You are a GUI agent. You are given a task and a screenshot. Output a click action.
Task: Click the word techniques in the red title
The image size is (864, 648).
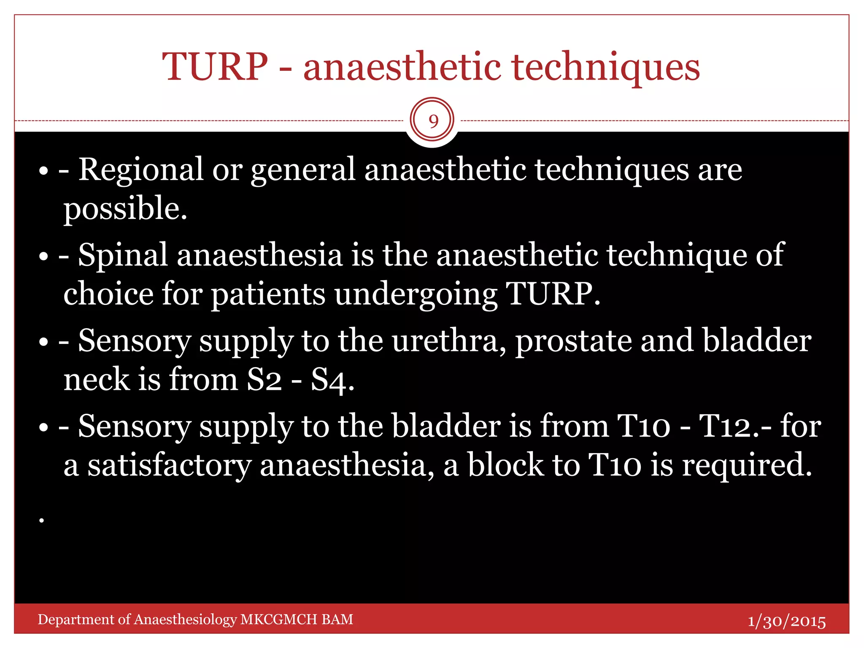coord(606,67)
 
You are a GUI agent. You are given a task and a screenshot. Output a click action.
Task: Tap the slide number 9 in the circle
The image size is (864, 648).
coord(433,121)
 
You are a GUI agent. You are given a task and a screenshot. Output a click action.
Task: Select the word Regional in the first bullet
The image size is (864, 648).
coord(141,170)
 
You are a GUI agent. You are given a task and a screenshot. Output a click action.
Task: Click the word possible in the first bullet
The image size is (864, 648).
coord(125,209)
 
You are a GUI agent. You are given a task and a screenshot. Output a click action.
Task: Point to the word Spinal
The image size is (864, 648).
coord(123,255)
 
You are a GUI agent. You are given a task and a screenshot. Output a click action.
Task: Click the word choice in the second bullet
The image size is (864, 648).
coord(108,294)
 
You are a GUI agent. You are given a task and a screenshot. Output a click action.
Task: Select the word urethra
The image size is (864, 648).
coord(449,341)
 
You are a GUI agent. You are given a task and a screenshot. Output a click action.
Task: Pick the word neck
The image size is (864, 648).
coord(96,380)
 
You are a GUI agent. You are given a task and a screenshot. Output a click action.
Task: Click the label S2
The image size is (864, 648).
coord(264,380)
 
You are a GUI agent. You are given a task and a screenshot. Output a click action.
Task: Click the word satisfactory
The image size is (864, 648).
coord(169,465)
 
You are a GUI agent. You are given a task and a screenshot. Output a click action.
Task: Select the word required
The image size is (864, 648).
coord(747,465)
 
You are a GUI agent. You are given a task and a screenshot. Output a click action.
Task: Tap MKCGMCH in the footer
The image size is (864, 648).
coord(278,619)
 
